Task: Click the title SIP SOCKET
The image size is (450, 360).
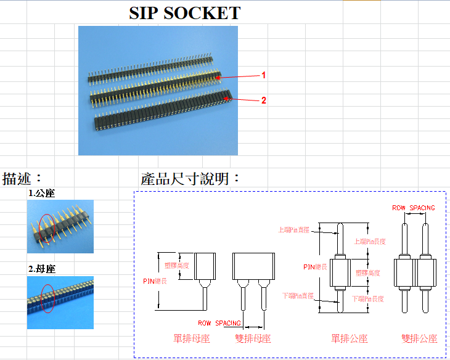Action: pyautogui.click(x=184, y=13)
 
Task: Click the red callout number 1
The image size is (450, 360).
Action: pyautogui.click(x=264, y=75)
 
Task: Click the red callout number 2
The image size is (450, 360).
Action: pyautogui.click(x=264, y=100)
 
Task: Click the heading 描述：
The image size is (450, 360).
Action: pyautogui.click(x=23, y=179)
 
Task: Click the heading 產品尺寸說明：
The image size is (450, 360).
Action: pyautogui.click(x=190, y=179)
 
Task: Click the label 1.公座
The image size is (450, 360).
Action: pyautogui.click(x=42, y=194)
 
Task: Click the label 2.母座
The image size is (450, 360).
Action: pyautogui.click(x=42, y=269)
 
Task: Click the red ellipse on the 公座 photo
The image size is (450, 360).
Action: pyautogui.click(x=47, y=229)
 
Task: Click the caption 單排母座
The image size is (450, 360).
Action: pyautogui.click(x=191, y=338)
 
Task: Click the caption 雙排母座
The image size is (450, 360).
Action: pyautogui.click(x=253, y=338)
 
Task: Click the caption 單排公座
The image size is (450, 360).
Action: pyautogui.click(x=350, y=338)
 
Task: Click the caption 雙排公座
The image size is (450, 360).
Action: pyautogui.click(x=419, y=338)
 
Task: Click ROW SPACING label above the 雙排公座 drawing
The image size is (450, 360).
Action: pyautogui.click(x=414, y=208)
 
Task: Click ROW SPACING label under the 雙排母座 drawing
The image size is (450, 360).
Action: pyautogui.click(x=219, y=323)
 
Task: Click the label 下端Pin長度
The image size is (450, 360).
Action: pyautogui.click(x=368, y=298)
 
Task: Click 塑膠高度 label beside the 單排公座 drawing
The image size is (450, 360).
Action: pyautogui.click(x=368, y=272)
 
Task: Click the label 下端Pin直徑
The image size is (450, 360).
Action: pyautogui.click(x=298, y=296)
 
